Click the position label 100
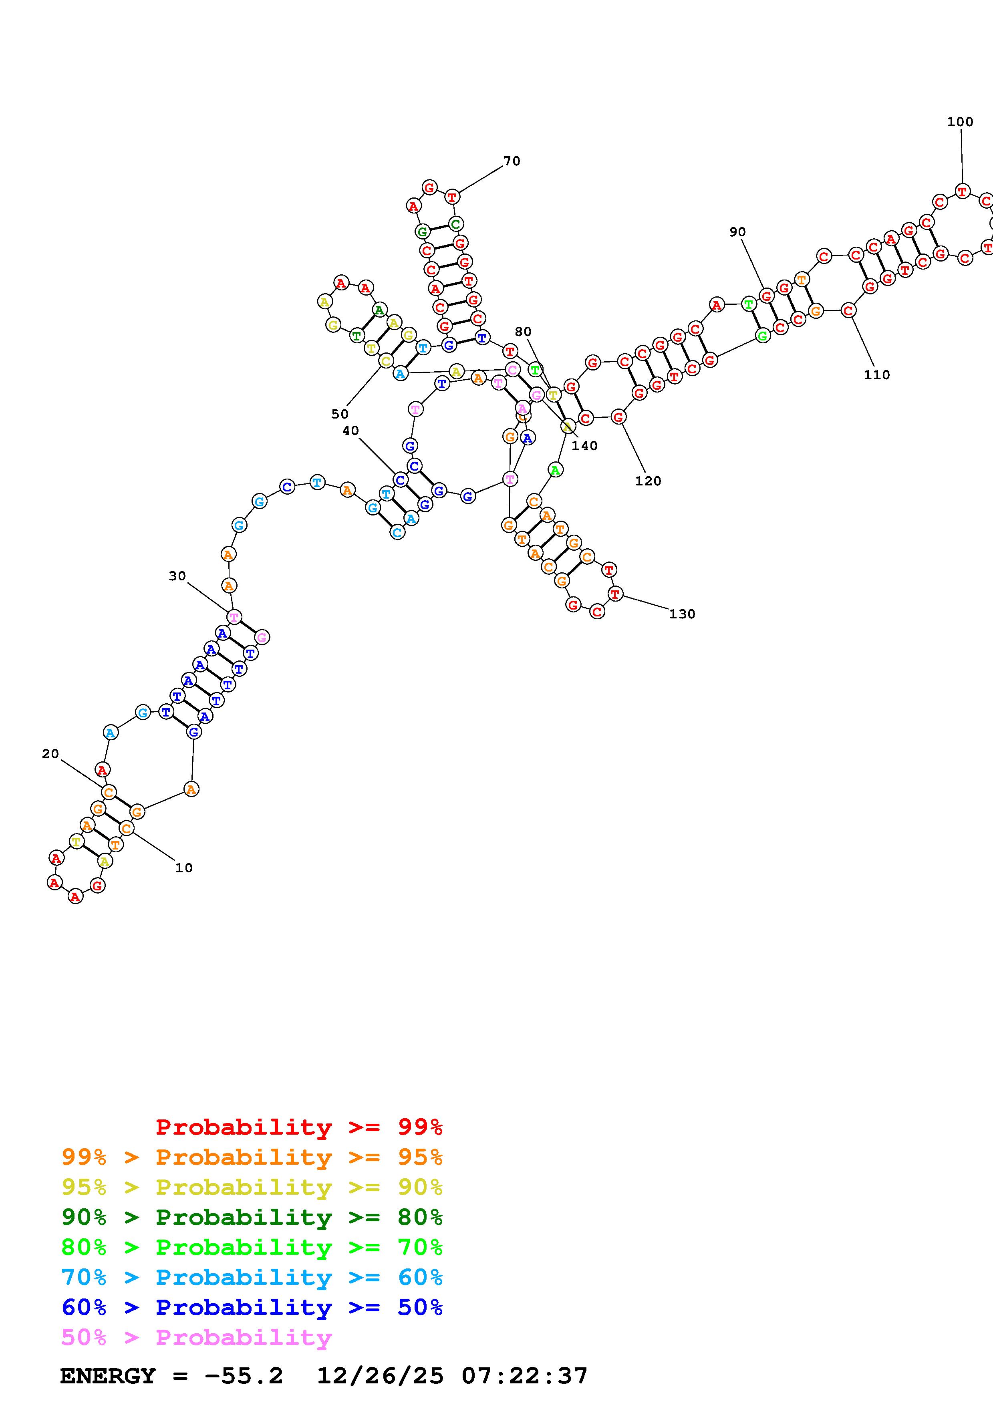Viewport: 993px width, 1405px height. click(x=960, y=122)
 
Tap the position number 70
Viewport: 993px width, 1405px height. click(x=512, y=161)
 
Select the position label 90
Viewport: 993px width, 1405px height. click(x=737, y=232)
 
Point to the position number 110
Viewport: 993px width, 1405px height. click(x=877, y=374)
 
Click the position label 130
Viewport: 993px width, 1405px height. click(x=682, y=614)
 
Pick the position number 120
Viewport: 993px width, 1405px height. click(x=648, y=481)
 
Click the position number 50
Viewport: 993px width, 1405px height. click(x=340, y=414)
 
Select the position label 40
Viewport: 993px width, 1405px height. click(x=350, y=431)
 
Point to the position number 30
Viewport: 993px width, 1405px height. click(x=177, y=576)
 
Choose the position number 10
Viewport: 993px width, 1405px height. click(x=183, y=868)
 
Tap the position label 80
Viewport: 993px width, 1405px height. click(x=523, y=332)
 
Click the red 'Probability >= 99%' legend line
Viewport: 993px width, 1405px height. click(x=299, y=1127)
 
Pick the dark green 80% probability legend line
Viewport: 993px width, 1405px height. click(x=252, y=1217)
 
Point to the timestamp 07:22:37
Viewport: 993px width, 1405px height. click(x=524, y=1376)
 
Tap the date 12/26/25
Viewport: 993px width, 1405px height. click(x=380, y=1376)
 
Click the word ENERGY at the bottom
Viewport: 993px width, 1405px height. click(x=108, y=1376)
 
